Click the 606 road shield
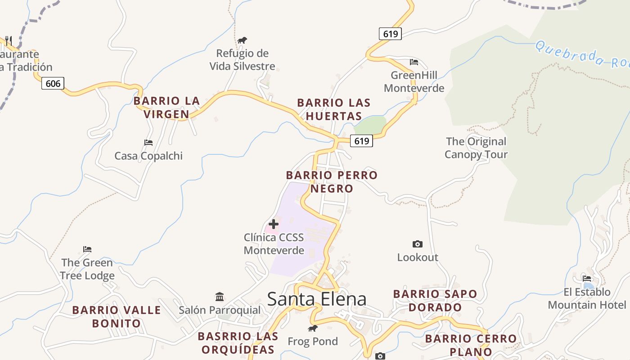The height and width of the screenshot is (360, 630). click(x=53, y=83)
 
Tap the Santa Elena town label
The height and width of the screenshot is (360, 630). click(x=317, y=299)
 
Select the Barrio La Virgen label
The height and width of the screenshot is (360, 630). click(x=166, y=108)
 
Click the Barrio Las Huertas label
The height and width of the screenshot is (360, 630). click(x=334, y=109)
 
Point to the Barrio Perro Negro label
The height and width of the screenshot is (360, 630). click(x=332, y=182)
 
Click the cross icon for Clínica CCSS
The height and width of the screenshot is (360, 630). click(x=273, y=224)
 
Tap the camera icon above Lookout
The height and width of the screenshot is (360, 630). click(x=418, y=244)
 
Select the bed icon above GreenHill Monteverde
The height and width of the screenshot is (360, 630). click(x=414, y=62)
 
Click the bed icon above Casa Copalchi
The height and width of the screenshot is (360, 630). click(x=148, y=143)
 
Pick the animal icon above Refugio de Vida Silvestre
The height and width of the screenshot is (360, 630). click(x=242, y=40)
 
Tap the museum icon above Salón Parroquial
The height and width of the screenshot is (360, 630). click(x=220, y=297)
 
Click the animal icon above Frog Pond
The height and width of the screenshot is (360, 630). click(x=313, y=328)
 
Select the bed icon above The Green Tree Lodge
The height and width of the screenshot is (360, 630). click(x=87, y=249)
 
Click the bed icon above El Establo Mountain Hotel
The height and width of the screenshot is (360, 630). click(x=587, y=278)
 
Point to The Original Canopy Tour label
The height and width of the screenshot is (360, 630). click(x=476, y=148)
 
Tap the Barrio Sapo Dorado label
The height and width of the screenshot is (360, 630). click(x=435, y=301)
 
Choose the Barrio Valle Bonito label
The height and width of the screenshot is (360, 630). click(x=117, y=316)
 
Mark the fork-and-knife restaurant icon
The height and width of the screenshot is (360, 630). click(x=8, y=40)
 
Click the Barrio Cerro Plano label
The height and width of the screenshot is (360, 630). click(x=471, y=345)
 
